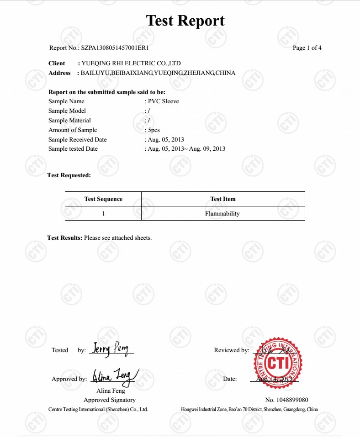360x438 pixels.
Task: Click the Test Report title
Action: click(185, 21)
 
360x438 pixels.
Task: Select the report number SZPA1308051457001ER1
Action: click(115, 48)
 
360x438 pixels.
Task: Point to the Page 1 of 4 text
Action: click(307, 48)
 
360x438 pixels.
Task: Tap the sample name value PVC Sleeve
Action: click(164, 101)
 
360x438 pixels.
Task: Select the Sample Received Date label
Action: click(77, 140)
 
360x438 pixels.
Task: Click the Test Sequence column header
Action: click(103, 199)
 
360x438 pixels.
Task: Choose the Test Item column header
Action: click(223, 199)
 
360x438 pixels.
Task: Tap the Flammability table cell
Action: click(222, 213)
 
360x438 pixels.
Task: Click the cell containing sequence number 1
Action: click(103, 213)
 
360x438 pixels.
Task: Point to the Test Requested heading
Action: click(69, 175)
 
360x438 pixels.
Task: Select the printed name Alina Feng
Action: click(111, 391)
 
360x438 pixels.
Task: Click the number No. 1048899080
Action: click(286, 400)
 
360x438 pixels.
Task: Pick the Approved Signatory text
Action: click(110, 400)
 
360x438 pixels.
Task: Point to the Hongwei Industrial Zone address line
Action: click(249, 410)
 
